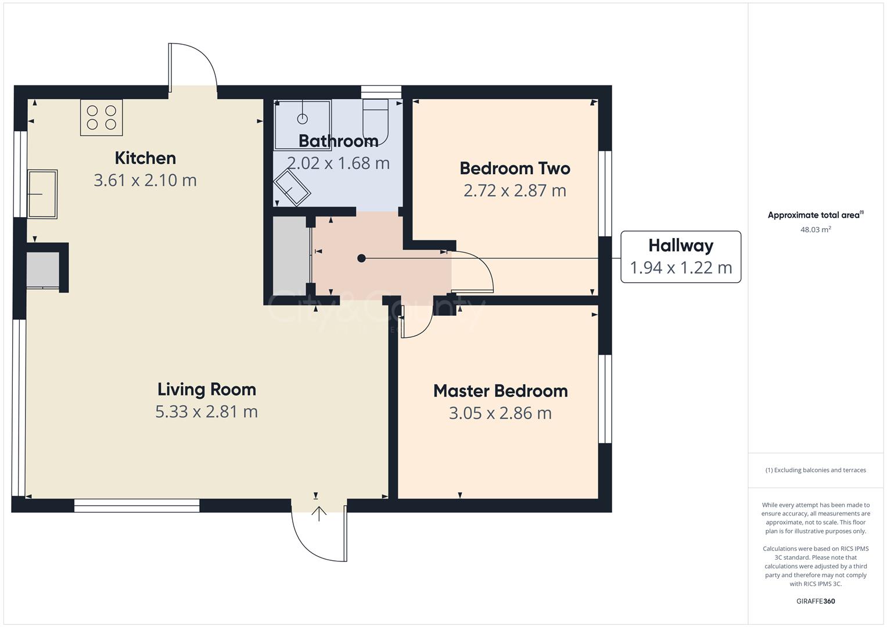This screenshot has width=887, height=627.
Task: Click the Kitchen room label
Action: point(145,158)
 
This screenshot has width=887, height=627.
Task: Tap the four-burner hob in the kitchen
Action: point(102,117)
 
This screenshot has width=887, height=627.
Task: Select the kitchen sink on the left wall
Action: point(42,194)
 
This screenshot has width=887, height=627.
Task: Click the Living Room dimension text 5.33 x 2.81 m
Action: point(206,412)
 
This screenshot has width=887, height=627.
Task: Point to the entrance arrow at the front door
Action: point(319,513)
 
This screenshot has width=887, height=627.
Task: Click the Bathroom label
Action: point(338,141)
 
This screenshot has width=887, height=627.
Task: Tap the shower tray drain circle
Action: point(302,119)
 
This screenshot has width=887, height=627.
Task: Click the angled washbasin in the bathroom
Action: point(293,188)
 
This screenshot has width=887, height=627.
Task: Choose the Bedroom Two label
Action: point(515,168)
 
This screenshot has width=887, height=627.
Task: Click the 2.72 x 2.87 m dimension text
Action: point(515,190)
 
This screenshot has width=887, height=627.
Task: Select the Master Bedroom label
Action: point(500,391)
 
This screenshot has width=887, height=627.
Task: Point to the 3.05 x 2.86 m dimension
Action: point(500,413)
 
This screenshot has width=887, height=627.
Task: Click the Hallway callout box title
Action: point(681,246)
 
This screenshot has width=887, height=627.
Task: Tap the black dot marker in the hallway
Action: point(361,258)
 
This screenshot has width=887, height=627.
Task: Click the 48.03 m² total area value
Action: point(816,229)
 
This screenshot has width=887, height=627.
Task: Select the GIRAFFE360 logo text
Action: point(816,601)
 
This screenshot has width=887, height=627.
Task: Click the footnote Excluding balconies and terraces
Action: point(816,470)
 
